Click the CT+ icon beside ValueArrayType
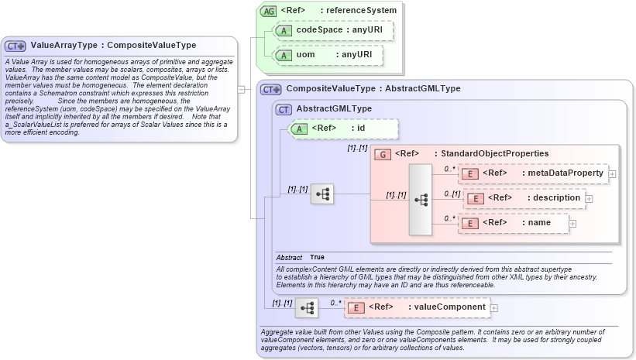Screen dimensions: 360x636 coord(16,46)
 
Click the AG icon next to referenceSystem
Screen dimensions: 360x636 coord(268,11)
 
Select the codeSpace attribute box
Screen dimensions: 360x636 coord(334,30)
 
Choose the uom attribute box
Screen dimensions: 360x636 coord(334,56)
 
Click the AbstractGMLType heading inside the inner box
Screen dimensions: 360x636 coord(335,109)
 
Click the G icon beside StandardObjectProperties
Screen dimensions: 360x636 coord(382,154)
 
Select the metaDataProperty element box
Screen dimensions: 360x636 coord(534,173)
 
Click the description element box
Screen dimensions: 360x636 coord(523,198)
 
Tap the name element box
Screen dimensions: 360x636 coord(514,224)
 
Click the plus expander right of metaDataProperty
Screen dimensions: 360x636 coord(612,173)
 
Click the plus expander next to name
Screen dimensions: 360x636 coord(573,225)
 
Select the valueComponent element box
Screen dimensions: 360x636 coord(417,307)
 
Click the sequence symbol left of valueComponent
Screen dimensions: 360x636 coord(307,308)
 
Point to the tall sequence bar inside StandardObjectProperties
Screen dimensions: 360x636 coord(421,199)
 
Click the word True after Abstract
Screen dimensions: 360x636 coord(318,257)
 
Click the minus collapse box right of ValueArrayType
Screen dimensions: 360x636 coord(242,89)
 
